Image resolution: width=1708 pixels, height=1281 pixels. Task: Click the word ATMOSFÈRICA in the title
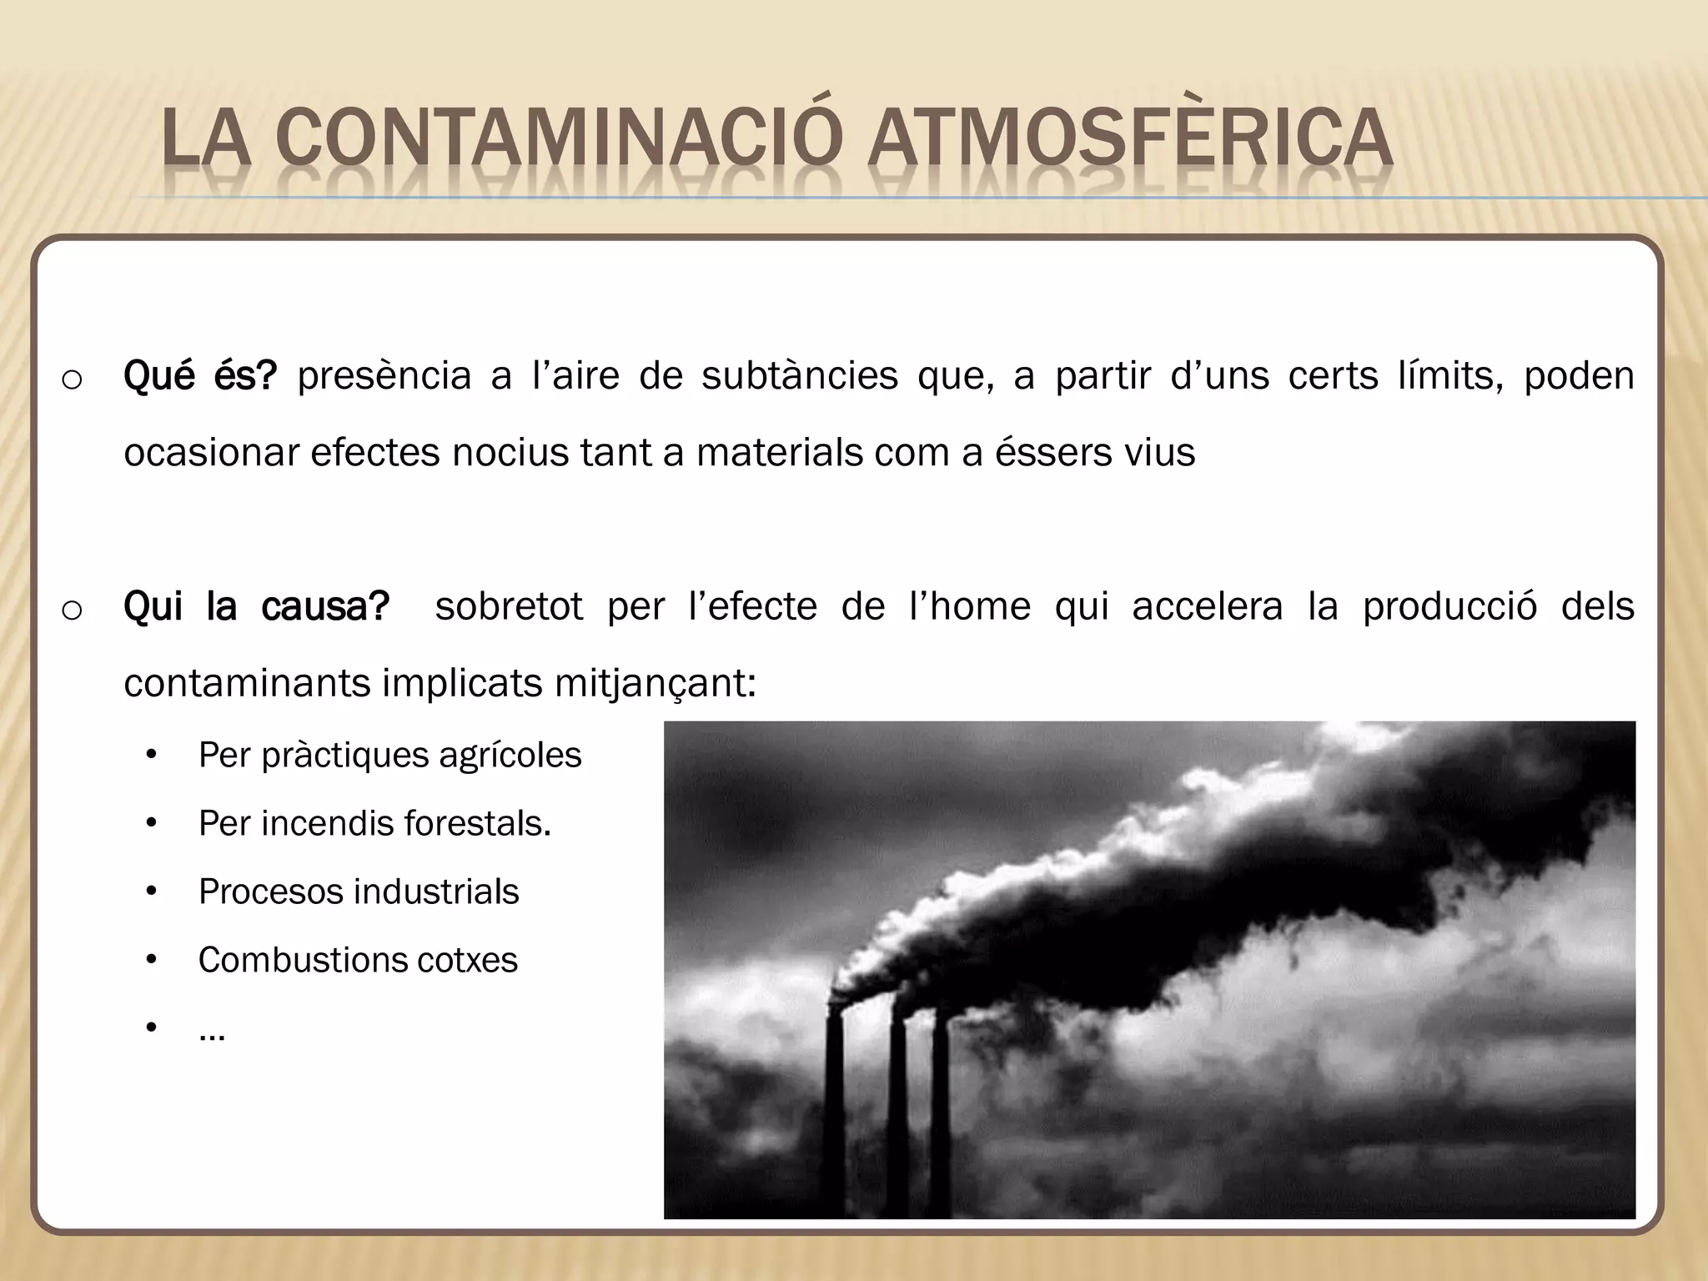pyautogui.click(x=1129, y=139)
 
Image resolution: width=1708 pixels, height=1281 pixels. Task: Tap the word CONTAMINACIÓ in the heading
pyautogui.click(x=554, y=139)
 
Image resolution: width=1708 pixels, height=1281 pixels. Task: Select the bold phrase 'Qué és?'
pyautogui.click(x=199, y=376)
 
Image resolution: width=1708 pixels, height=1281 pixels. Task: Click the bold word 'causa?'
pyautogui.click(x=324, y=606)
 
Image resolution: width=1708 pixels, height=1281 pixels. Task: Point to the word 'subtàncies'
pyautogui.click(x=799, y=376)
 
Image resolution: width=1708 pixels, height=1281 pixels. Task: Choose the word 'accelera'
pyautogui.click(x=1207, y=606)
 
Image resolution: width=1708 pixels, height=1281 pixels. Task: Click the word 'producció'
pyautogui.click(x=1449, y=606)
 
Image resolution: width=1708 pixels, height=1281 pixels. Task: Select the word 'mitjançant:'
pyautogui.click(x=656, y=684)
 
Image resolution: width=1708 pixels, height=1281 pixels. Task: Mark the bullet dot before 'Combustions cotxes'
pyautogui.click(x=151, y=961)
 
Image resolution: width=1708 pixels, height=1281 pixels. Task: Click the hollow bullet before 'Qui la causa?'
pyautogui.click(x=72, y=610)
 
